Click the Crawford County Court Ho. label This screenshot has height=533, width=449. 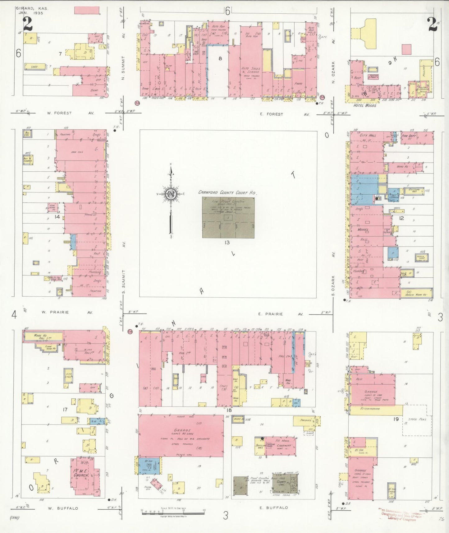click(227, 193)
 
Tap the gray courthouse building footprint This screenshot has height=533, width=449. click(228, 217)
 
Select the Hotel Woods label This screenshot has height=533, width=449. click(364, 106)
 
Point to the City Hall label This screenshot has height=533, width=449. click(368, 136)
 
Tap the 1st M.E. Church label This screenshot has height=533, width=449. click(81, 473)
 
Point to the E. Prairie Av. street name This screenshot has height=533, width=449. click(280, 314)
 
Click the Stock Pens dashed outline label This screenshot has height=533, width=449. click(417, 419)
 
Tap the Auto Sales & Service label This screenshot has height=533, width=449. click(251, 70)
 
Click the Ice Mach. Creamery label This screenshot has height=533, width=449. click(283, 443)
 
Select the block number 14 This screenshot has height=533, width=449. click(57, 217)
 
